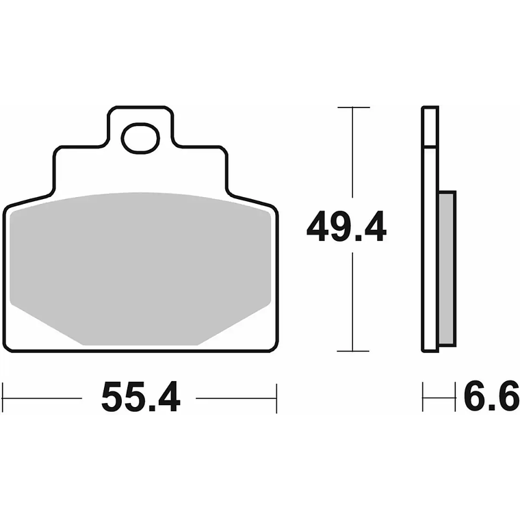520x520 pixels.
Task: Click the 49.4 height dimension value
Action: click(346, 227)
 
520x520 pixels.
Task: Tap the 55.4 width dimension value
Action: click(140, 398)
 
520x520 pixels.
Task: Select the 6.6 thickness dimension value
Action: click(491, 398)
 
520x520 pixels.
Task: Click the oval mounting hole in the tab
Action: click(140, 139)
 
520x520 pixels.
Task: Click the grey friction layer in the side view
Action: click(447, 268)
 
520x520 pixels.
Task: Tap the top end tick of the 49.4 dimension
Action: click(353, 108)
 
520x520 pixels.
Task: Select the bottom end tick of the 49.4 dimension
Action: click(353, 351)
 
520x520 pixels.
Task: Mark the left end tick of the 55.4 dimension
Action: click(3, 398)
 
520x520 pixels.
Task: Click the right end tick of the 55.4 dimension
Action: click(276, 398)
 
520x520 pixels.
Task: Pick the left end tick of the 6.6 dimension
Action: click(423, 398)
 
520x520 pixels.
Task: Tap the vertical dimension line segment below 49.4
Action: click(353, 301)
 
